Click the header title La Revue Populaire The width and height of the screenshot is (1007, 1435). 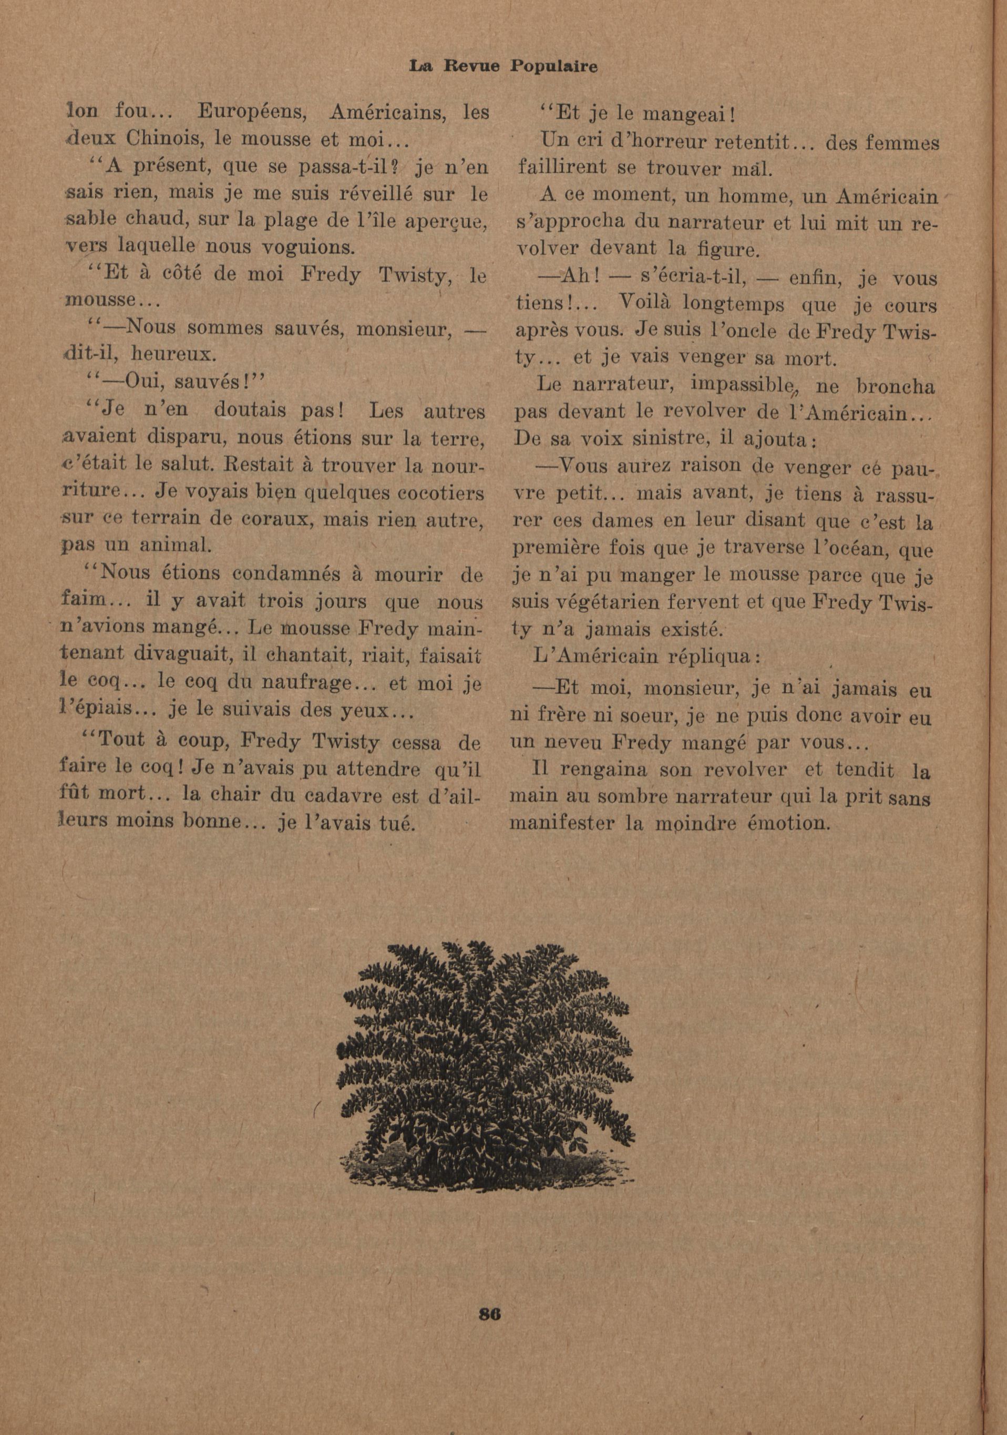[x=502, y=66]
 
